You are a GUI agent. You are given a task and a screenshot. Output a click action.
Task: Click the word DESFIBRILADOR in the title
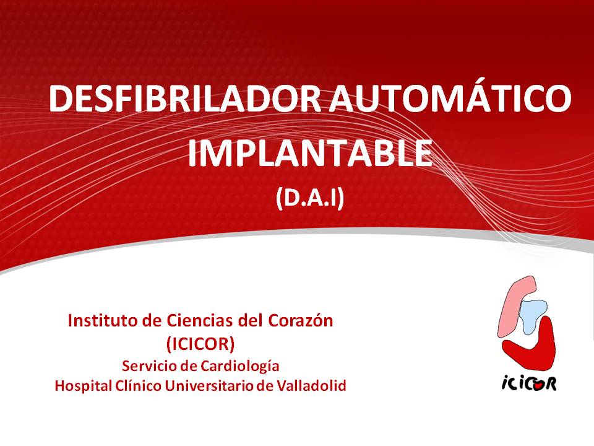pyautogui.click(x=185, y=98)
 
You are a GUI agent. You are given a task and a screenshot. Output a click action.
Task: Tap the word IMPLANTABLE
pyautogui.click(x=310, y=153)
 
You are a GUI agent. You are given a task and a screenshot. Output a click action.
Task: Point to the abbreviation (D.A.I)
pyautogui.click(x=310, y=198)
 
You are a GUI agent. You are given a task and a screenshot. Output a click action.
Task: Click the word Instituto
pyautogui.click(x=103, y=321)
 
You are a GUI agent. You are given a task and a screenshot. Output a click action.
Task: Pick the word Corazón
pyautogui.click(x=301, y=321)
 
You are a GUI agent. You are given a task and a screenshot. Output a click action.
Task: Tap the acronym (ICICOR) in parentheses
pyautogui.click(x=200, y=344)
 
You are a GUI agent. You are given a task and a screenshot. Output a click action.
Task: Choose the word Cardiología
pyautogui.click(x=240, y=367)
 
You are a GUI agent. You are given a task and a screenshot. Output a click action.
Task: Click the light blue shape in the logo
pyautogui.click(x=533, y=315)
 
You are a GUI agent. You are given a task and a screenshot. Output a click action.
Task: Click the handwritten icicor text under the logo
pyautogui.click(x=529, y=384)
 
